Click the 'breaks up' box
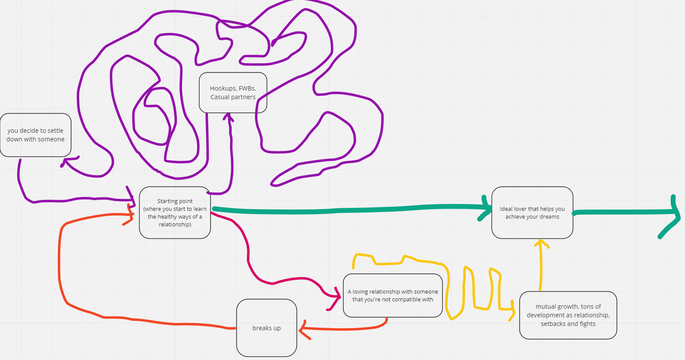pos(267,328)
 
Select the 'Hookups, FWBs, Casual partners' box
pos(233,93)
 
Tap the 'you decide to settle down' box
pos(35,135)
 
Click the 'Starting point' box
pos(175,213)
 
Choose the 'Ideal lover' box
pos(532,213)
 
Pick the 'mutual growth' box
pos(568,315)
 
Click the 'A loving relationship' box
pos(393,295)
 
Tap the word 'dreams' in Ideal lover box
pos(549,217)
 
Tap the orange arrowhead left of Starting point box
pos(129,215)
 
